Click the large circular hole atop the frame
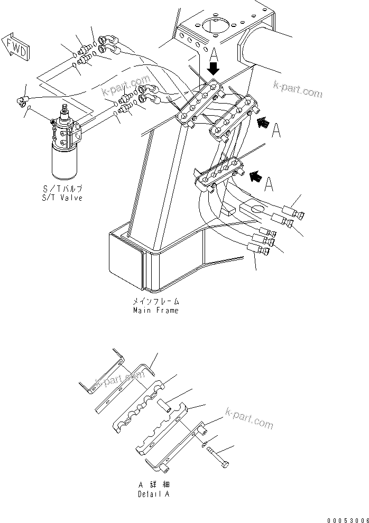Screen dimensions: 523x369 point(216,26)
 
